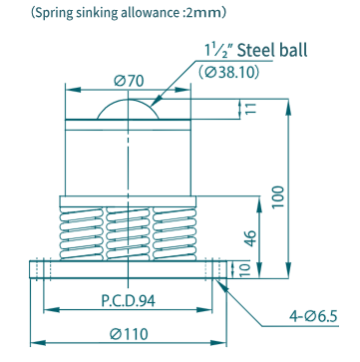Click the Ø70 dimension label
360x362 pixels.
pyautogui.click(x=129, y=81)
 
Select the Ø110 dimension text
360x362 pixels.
pyautogui.click(x=130, y=333)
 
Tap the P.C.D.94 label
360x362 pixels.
pyautogui.click(x=128, y=301)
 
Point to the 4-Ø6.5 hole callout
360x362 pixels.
pyautogui.click(x=312, y=317)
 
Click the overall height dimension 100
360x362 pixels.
pyautogui.click(x=278, y=196)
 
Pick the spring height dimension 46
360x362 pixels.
pyautogui.click(x=251, y=238)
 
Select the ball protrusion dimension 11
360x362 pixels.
pyautogui.click(x=251, y=109)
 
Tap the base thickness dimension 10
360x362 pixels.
pyautogui.click(x=245, y=269)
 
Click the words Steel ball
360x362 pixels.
pyautogui.click(x=272, y=51)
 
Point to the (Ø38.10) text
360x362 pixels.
pyautogui.click(x=228, y=72)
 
